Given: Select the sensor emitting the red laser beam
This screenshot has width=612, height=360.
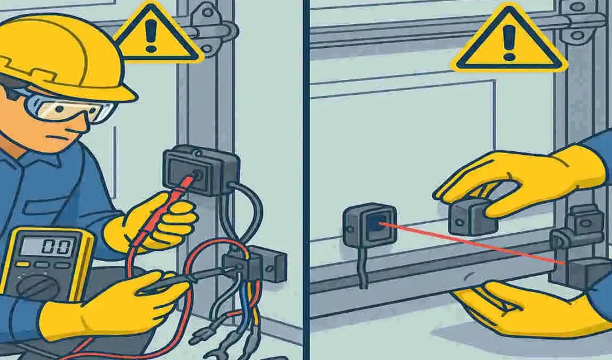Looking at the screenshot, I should pyautogui.click(x=370, y=225).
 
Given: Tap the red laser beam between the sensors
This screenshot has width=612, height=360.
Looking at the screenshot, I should pyautogui.click(x=468, y=243).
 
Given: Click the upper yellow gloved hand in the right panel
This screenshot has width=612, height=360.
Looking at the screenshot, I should pyautogui.click(x=528, y=177).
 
